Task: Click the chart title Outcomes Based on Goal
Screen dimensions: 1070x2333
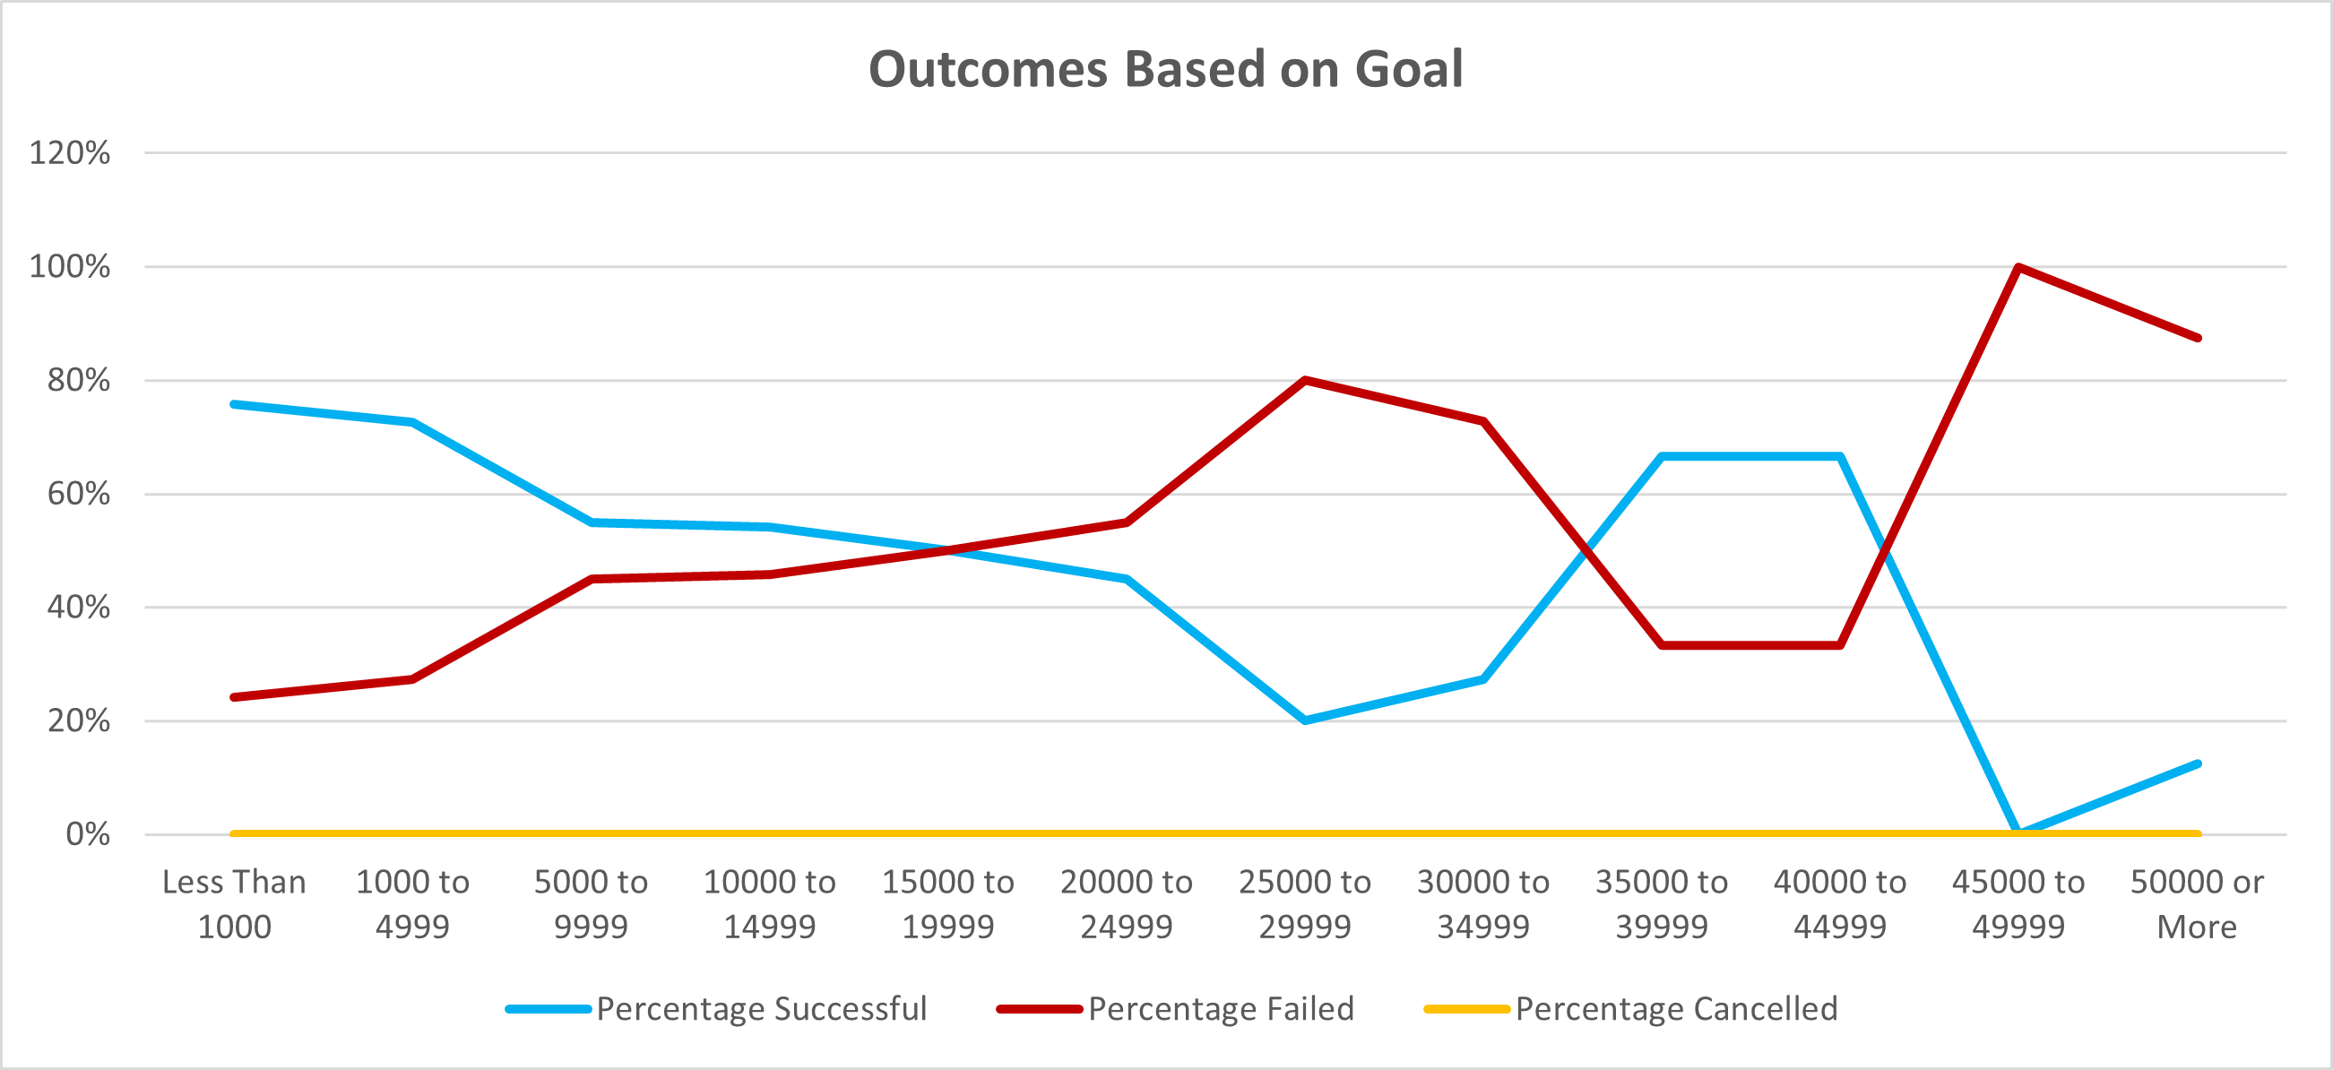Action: coord(1165,70)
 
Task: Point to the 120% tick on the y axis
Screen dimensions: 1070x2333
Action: coord(70,153)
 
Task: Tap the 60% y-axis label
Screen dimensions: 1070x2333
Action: coord(78,495)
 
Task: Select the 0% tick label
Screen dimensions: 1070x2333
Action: coord(88,834)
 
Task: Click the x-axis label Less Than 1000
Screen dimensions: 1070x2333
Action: coord(234,904)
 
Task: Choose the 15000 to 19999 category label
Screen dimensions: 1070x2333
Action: coord(947,904)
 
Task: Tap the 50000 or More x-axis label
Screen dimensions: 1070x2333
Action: coord(2196,904)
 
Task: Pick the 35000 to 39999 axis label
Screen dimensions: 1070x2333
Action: coord(1661,904)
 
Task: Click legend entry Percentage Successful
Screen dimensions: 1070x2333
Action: coord(761,1008)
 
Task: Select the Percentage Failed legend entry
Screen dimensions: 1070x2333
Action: coord(1220,1008)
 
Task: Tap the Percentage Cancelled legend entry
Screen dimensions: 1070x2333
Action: coord(1675,1008)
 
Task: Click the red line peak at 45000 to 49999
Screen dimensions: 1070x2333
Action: coord(2018,267)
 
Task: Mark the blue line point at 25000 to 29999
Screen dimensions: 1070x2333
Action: coord(1304,721)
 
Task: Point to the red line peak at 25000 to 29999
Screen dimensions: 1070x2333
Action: coord(1304,380)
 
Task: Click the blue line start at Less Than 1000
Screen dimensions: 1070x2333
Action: coord(234,404)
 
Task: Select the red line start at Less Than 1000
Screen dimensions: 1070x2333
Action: coord(234,697)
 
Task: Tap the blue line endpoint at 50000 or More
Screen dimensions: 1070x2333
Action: coord(2198,764)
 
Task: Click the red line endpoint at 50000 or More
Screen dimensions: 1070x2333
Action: coord(2198,338)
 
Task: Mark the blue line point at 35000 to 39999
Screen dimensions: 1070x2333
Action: coord(1661,456)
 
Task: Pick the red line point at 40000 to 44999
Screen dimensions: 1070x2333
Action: coord(1840,645)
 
